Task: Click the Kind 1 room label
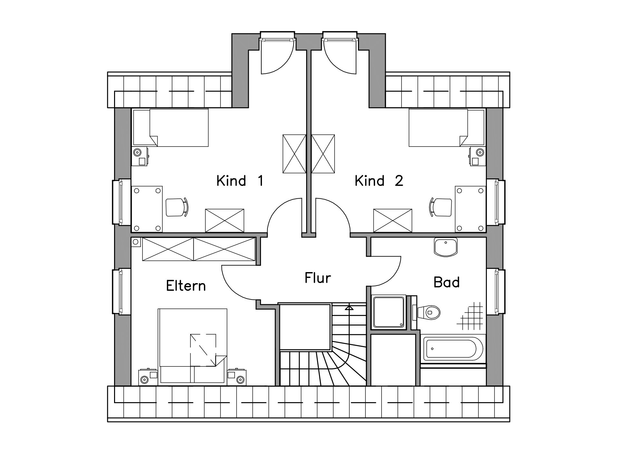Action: click(240, 181)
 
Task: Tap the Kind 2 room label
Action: click(379, 181)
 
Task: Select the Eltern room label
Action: click(186, 286)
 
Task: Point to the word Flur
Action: click(318, 278)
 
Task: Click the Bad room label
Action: click(447, 282)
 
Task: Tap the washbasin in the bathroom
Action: click(446, 247)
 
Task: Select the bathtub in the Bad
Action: click(453, 349)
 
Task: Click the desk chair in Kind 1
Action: click(177, 207)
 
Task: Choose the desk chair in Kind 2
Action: click(440, 207)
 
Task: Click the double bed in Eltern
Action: click(192, 346)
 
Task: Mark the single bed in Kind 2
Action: click(447, 128)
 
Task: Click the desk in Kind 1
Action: click(147, 209)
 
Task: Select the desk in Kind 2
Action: click(470, 209)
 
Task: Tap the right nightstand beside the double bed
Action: click(237, 377)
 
